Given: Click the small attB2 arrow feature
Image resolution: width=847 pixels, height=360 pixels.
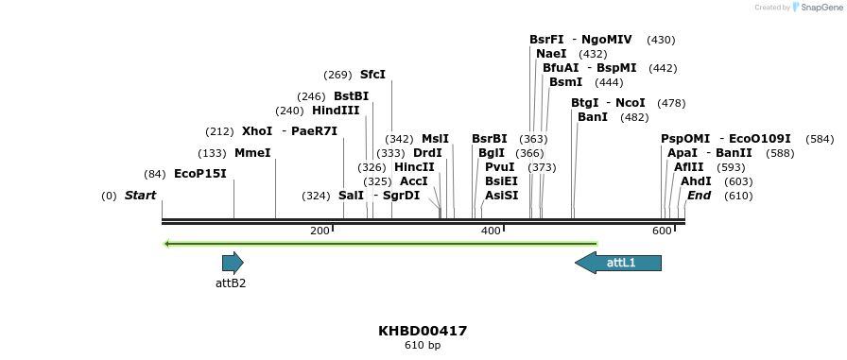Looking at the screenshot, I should coord(233,263).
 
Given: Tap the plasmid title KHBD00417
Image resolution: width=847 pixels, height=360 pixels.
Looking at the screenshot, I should coord(423,332).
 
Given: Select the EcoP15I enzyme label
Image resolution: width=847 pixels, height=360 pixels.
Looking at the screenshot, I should coord(200,174).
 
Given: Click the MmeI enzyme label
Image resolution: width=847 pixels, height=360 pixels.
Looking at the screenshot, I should coord(252,153).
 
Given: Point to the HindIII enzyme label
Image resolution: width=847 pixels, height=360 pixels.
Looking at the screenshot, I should coord(336,111).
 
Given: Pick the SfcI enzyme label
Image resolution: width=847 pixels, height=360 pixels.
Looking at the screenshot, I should coord(372,75).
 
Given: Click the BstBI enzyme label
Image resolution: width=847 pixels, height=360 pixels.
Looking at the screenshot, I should coord(351,96).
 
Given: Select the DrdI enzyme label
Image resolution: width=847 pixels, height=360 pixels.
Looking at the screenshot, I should coord(427,153).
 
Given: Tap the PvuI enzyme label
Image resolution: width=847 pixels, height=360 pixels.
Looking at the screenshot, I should coord(499,167).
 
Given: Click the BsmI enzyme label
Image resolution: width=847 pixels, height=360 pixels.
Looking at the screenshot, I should coord(565,82).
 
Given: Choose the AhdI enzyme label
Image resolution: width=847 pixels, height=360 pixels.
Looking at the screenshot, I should coord(696,181).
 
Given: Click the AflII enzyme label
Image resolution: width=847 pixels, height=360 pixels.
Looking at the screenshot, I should coord(689,167).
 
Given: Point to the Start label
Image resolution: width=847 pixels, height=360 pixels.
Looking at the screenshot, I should coord(140,196).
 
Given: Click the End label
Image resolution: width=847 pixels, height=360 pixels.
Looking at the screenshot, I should coord(699,196).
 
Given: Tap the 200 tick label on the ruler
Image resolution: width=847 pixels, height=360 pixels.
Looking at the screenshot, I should coord(320,231).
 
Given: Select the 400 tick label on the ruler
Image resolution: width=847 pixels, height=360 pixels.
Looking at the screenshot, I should coord(491,231).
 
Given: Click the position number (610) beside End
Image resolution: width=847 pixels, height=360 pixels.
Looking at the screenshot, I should coord(737,196).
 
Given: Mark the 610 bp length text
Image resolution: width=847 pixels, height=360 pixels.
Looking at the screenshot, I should coord(423,346).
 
